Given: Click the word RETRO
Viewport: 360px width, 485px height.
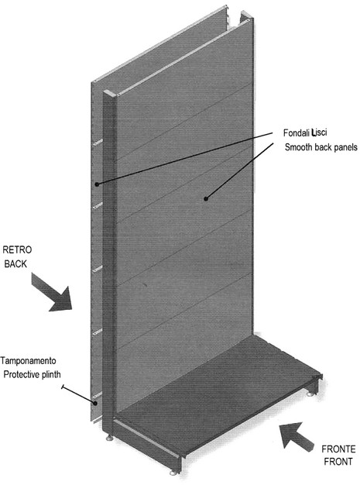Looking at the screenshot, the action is click(17, 249).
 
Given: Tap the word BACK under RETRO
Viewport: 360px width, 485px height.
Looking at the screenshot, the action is click(15, 264).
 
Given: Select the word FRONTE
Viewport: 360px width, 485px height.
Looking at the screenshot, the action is click(338, 449).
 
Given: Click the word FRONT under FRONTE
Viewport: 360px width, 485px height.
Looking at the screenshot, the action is click(338, 462).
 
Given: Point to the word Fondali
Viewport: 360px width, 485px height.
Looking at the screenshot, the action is click(296, 133).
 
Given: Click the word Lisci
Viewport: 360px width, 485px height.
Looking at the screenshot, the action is click(319, 132).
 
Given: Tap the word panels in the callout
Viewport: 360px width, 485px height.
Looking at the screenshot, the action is click(345, 147).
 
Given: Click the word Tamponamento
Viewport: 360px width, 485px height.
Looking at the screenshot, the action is click(28, 361).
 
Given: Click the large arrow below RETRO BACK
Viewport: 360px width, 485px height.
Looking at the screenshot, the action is click(52, 292).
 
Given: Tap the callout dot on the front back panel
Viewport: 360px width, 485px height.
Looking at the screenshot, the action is click(206, 198).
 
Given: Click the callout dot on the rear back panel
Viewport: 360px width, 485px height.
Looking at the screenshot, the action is click(97, 184).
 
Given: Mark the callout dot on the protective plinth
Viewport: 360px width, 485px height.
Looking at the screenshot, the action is click(96, 403).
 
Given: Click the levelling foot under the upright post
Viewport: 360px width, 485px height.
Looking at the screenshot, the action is click(108, 438).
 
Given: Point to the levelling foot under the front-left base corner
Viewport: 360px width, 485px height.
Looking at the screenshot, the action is click(173, 473).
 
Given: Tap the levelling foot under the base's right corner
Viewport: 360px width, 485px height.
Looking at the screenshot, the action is click(311, 394).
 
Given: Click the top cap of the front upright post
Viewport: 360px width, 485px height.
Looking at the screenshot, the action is click(110, 93).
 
